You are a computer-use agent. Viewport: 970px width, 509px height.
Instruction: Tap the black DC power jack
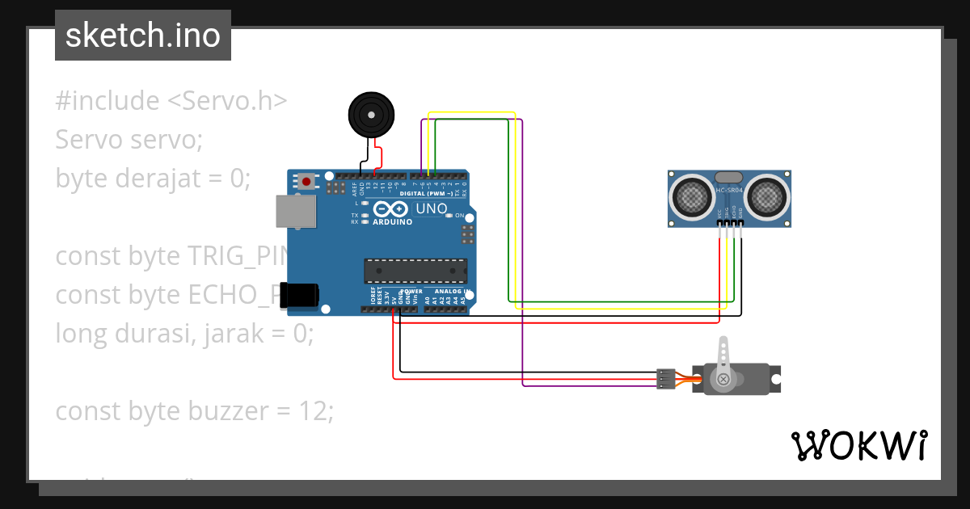pos(304,295)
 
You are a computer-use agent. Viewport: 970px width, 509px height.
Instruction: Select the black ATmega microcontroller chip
pos(415,271)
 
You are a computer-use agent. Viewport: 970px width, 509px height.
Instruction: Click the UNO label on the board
pos(431,208)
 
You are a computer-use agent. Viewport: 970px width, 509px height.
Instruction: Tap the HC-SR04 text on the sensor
pos(728,191)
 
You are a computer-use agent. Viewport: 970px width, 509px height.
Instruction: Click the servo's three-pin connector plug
pos(665,378)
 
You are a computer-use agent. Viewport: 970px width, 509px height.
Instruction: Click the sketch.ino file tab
pos(143,36)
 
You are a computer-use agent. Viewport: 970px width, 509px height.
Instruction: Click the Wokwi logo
pos(858,445)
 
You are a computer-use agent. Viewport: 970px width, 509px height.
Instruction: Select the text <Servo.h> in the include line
pos(227,101)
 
